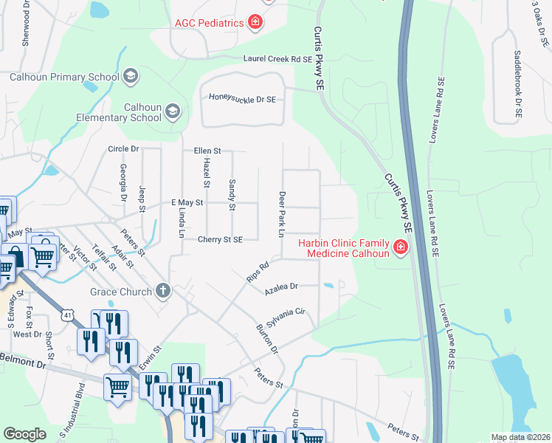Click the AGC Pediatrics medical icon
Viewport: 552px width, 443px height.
[255, 23]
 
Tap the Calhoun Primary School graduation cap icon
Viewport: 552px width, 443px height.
[131, 76]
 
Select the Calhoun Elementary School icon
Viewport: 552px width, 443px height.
[173, 111]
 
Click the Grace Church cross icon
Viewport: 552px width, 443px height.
[163, 291]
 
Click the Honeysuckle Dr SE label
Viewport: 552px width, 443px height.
[242, 97]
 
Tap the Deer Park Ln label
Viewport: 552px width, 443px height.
[281, 214]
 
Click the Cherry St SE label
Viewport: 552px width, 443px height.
[220, 239]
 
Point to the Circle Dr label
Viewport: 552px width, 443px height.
[123, 148]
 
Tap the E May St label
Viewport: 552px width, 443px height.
[187, 202]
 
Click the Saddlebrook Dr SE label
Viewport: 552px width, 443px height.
[518, 86]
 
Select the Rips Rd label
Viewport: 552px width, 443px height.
[258, 271]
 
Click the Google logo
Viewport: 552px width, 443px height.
[24, 434]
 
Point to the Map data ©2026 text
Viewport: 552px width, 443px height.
[520, 437]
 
